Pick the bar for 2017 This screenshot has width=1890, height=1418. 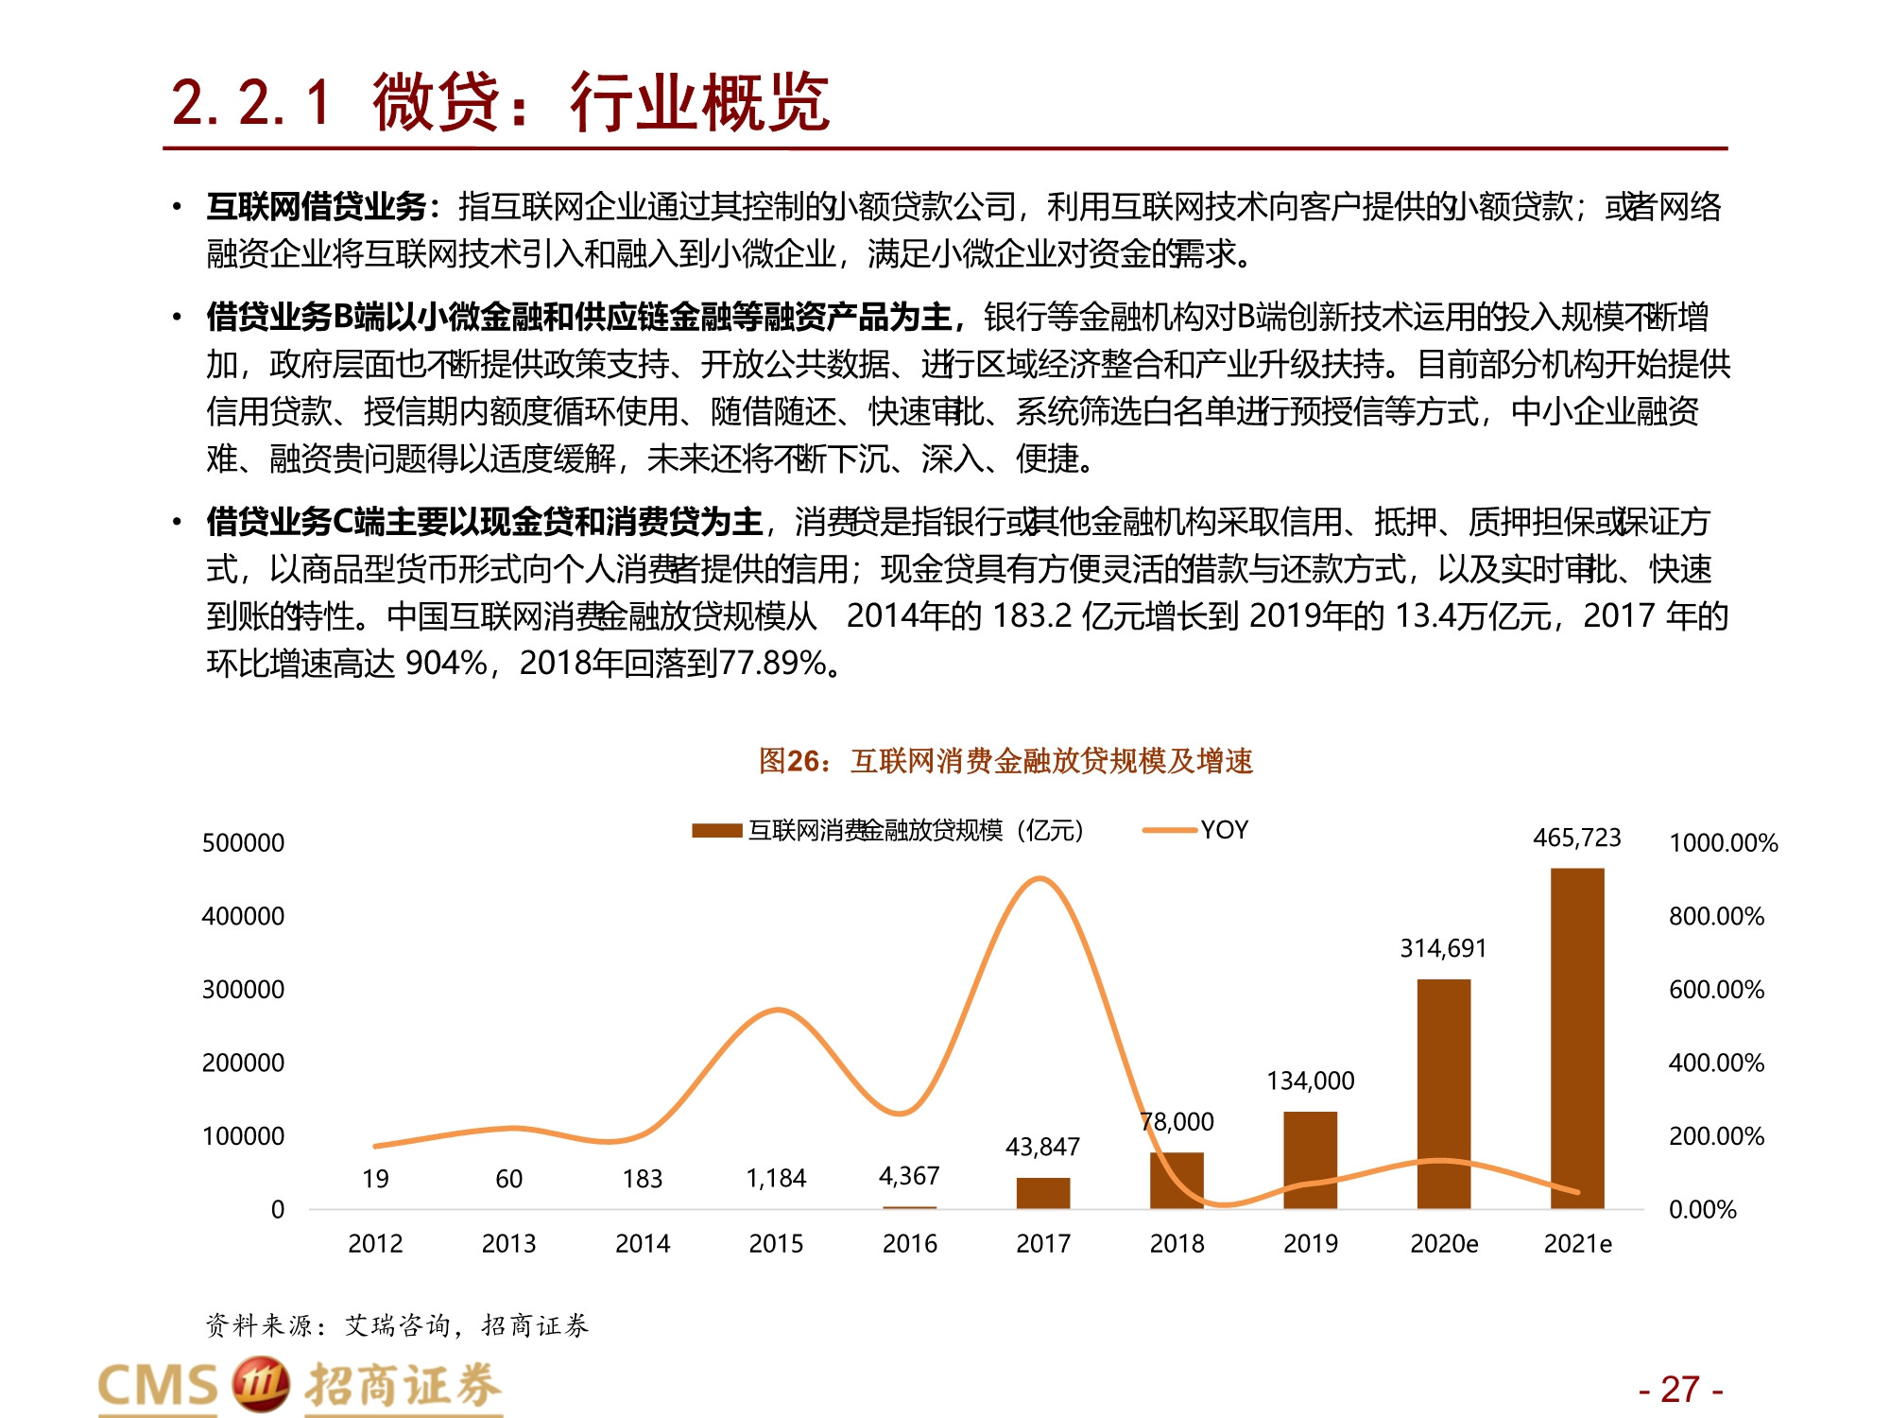coord(1043,1193)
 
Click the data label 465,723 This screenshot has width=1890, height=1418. coord(1576,838)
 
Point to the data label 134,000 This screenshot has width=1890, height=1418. coord(1311,1081)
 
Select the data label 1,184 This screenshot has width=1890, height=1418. coord(776,1178)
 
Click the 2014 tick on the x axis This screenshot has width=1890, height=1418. coord(643,1243)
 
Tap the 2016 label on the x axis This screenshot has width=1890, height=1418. coord(909,1243)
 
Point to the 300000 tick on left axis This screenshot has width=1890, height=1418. coord(243,990)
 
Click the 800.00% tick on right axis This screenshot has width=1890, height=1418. coord(1716,916)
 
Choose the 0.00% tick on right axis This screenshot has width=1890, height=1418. coord(1703,1209)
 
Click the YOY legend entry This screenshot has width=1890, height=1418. coord(1224,830)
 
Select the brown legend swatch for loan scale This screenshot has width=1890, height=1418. coord(716,831)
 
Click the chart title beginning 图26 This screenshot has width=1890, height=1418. coord(1005,761)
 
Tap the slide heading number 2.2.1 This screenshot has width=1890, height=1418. coord(251,102)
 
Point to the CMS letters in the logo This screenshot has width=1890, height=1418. coord(158,1386)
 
